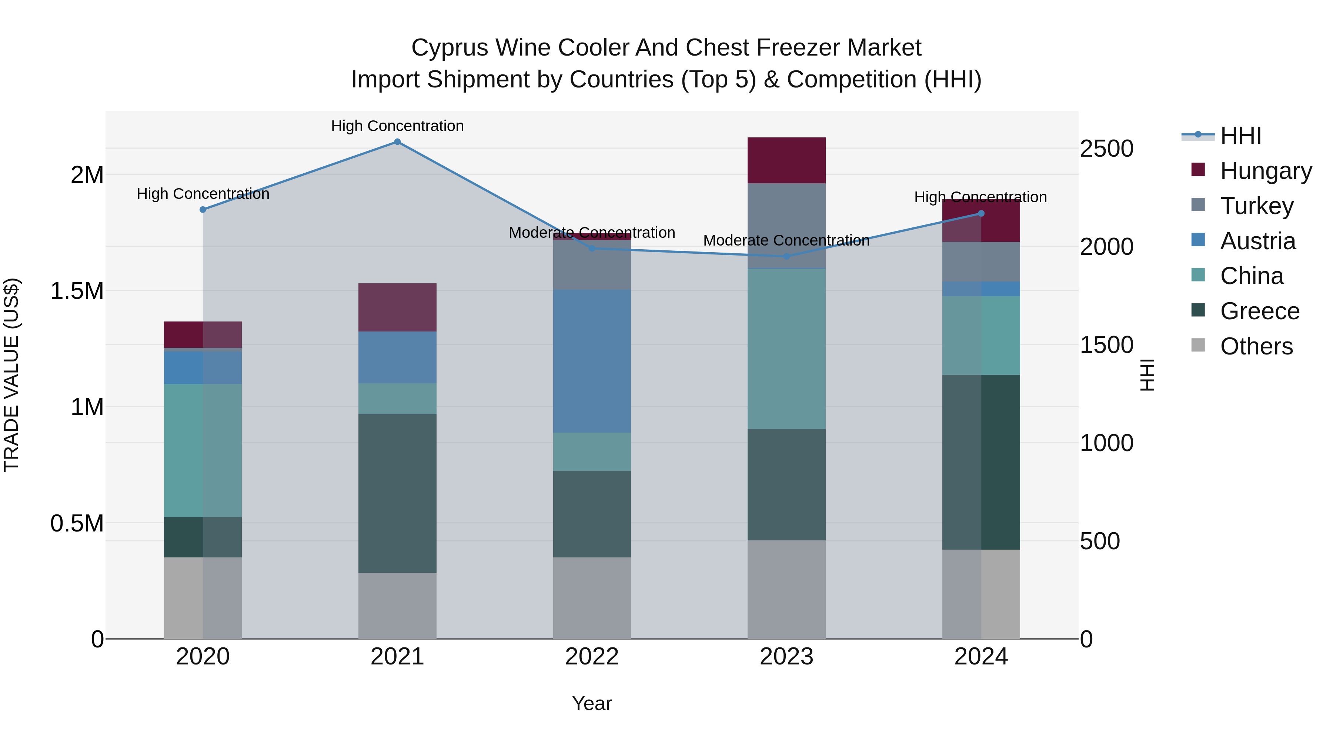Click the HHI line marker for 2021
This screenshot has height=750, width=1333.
pos(397,142)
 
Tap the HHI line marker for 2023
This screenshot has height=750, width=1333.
pos(786,256)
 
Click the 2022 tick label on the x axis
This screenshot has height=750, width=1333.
pos(592,657)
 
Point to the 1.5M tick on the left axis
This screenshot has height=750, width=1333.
pos(77,291)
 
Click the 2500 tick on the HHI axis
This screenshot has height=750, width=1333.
pos(1107,149)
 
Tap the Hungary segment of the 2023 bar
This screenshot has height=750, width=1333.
pos(786,160)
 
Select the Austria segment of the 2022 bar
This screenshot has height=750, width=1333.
pos(592,361)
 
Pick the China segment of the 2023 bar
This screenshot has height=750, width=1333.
pos(786,349)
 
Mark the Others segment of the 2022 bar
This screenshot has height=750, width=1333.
pos(592,598)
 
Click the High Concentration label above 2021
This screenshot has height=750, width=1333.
pos(397,126)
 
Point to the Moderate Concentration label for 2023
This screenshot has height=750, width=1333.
pos(786,241)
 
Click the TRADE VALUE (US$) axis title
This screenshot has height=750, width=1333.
pos(11,375)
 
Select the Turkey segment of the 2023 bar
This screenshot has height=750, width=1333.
pos(786,225)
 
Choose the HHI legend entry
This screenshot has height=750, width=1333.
pos(1240,136)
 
